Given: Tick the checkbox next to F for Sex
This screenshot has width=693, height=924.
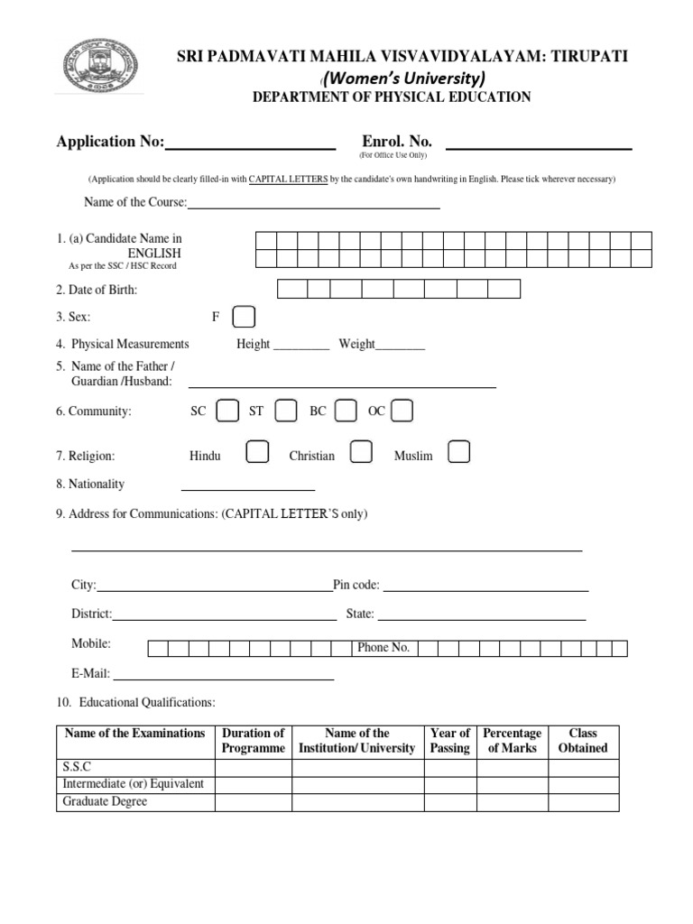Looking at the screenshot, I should coord(244,318).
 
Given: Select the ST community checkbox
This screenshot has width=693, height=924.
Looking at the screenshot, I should coord(285,411).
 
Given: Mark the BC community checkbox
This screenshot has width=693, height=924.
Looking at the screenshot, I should coord(346,411).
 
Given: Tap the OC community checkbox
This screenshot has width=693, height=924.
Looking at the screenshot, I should coord(402,411).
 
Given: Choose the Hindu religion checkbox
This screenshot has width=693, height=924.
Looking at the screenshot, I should coord(257,453).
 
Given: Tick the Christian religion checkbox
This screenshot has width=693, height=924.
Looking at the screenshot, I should coord(361,453).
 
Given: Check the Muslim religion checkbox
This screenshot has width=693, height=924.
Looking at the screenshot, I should coord(458,453).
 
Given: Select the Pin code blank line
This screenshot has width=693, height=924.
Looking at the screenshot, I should coord(485,587).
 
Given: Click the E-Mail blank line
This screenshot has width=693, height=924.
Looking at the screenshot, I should coord(223,676).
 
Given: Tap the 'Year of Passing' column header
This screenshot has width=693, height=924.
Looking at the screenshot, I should coord(450,741).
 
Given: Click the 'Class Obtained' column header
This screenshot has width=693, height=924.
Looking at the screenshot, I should coord(583,741).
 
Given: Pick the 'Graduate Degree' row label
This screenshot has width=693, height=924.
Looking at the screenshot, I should coord(105,801).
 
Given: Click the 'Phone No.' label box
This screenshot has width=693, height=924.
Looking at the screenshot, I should coord(383,648).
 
